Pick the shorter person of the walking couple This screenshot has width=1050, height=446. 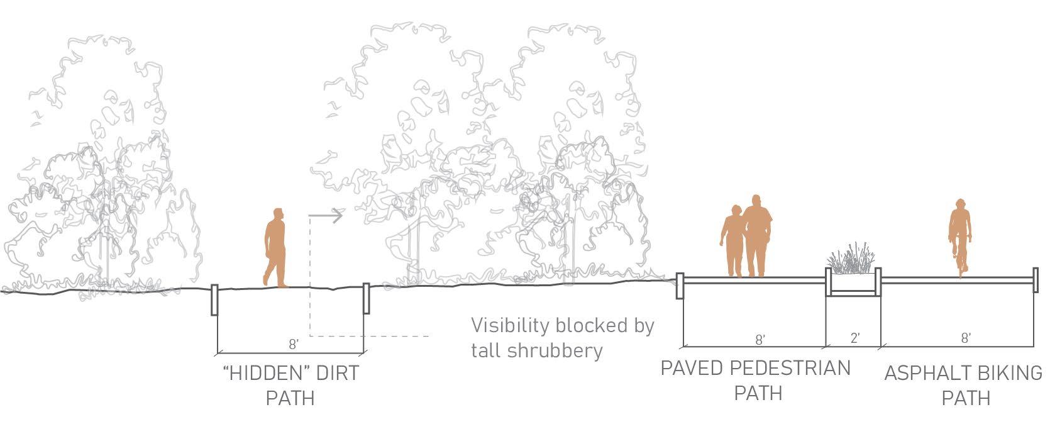pyautogui.click(x=732, y=242)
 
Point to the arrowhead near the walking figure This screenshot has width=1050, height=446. pyautogui.click(x=338, y=216)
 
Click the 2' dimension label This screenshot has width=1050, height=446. pyautogui.click(x=854, y=338)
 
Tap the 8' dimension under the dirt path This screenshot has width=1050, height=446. pyautogui.click(x=293, y=344)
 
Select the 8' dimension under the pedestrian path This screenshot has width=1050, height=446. pyautogui.click(x=760, y=340)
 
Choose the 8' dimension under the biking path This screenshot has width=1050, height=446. pyautogui.click(x=966, y=338)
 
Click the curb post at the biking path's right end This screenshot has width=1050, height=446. pyautogui.click(x=1035, y=280)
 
